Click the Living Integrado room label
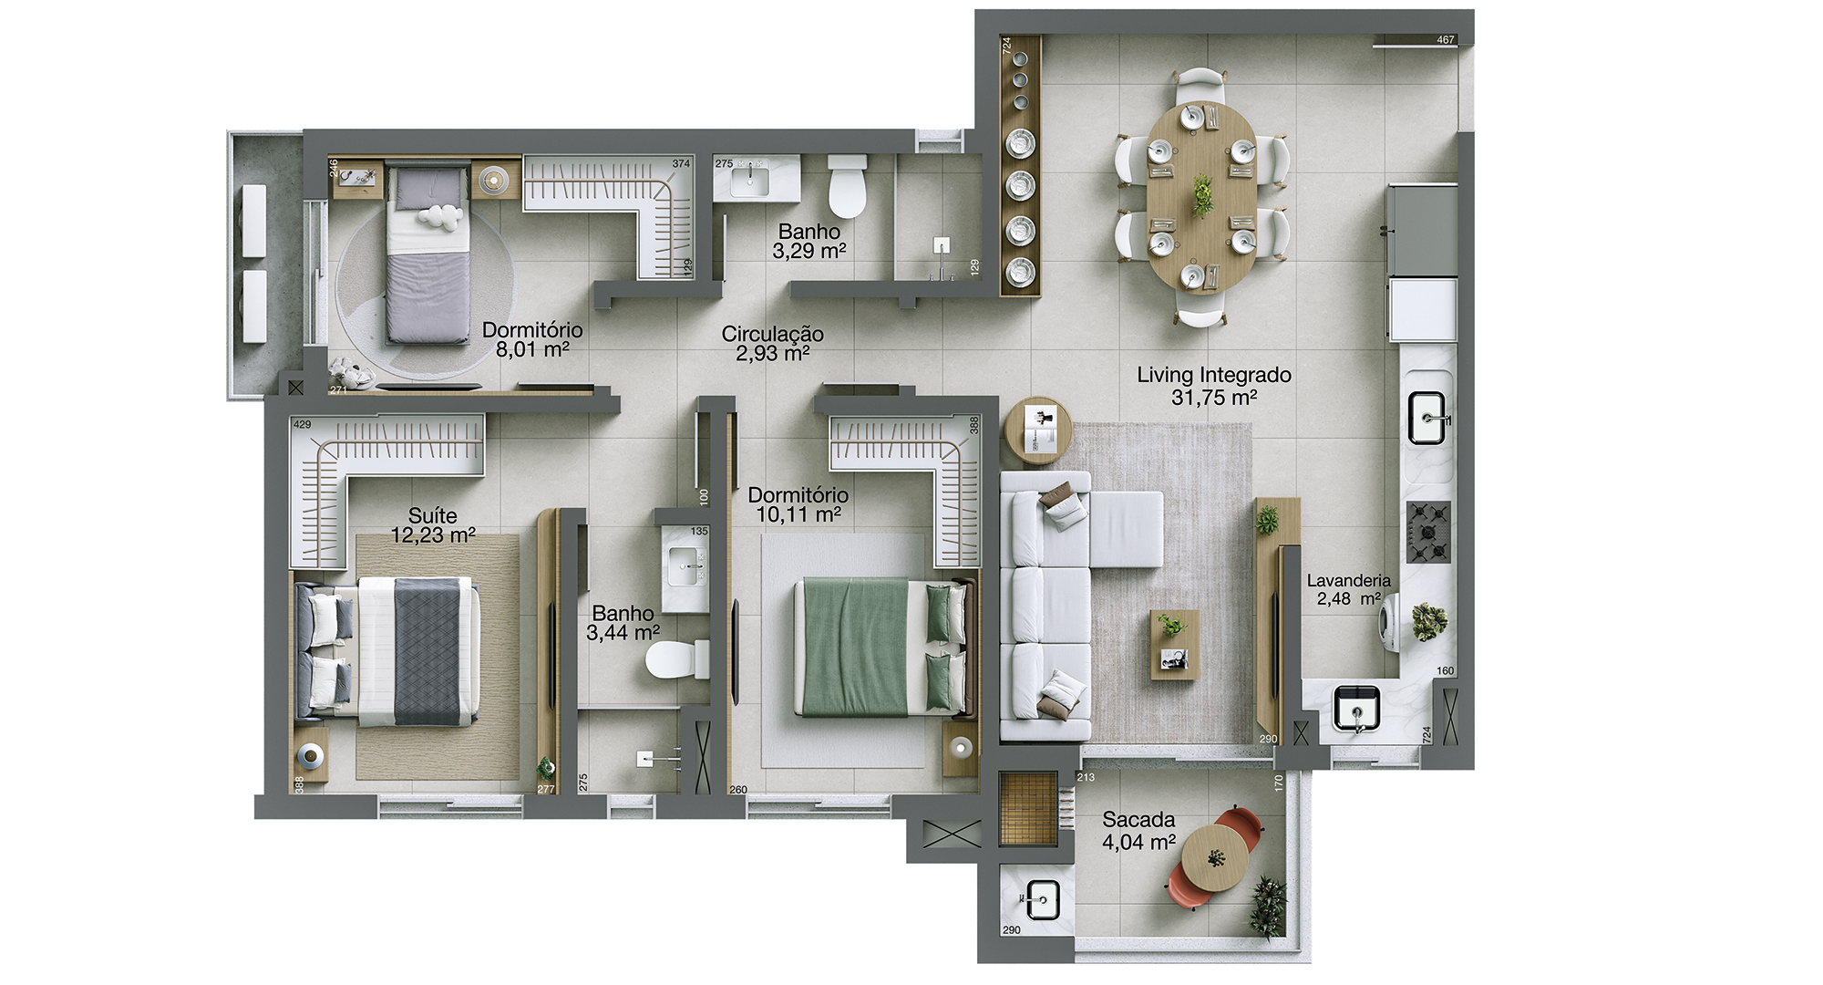pos(1213,386)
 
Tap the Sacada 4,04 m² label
pos(1138,831)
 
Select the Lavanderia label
pos(1348,581)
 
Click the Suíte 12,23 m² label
pos(433,525)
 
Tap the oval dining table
pos(1201,197)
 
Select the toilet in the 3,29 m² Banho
pos(847,186)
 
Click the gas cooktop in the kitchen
pos(1428,532)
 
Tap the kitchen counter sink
pos(1427,419)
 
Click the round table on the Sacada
pos(1215,859)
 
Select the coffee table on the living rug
pos(1174,645)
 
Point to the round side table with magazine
pos(1038,430)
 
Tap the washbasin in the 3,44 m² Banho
pos(685,567)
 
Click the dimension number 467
pos(1446,40)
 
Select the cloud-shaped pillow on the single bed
pos(439,217)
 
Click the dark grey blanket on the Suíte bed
pos(427,651)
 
